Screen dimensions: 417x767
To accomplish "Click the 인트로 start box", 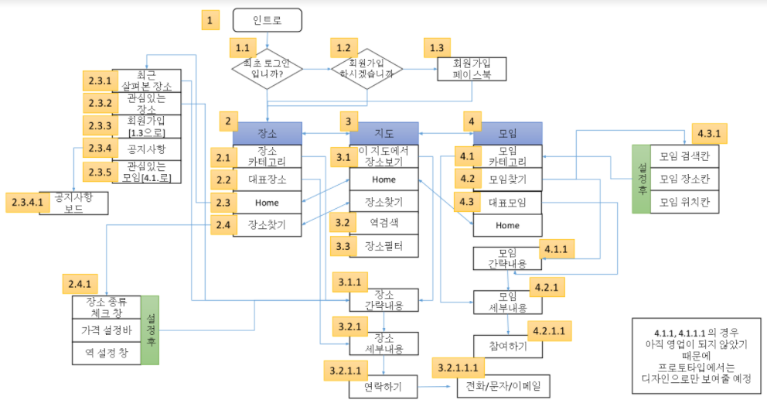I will pyautogui.click(x=267, y=20).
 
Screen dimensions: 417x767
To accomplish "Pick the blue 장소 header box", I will pyautogui.click(x=267, y=133).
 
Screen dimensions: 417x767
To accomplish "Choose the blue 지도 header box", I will pyautogui.click(x=383, y=133).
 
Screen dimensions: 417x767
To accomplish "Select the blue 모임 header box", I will pyautogui.click(x=507, y=133).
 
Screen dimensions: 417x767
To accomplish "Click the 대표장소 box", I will pyautogui.click(x=267, y=179).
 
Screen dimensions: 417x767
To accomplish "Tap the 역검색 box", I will pyautogui.click(x=383, y=224).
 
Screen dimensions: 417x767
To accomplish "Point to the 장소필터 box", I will pyautogui.click(x=383, y=247).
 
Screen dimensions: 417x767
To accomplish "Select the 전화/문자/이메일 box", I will pyautogui.click(x=502, y=385).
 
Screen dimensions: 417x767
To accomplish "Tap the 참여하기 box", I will pyautogui.click(x=507, y=346).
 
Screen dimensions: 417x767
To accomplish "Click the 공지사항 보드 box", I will pyautogui.click(x=74, y=203).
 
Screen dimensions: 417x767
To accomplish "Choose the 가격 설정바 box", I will pyautogui.click(x=107, y=330).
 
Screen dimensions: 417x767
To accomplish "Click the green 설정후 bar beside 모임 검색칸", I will pyautogui.click(x=641, y=179).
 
